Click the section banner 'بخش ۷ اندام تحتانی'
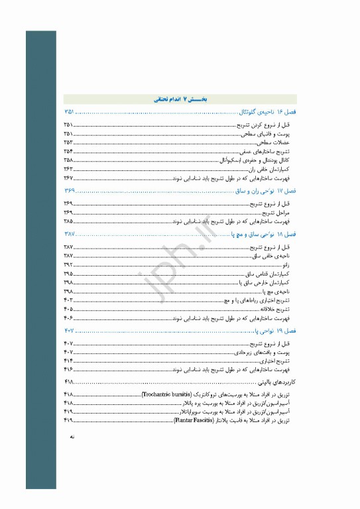click(x=180, y=99)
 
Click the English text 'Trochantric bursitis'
click(x=172, y=394)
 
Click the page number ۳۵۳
click(x=68, y=142)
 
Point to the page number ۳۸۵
click(x=68, y=221)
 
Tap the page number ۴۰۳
click(x=68, y=300)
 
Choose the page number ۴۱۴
click(x=68, y=361)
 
